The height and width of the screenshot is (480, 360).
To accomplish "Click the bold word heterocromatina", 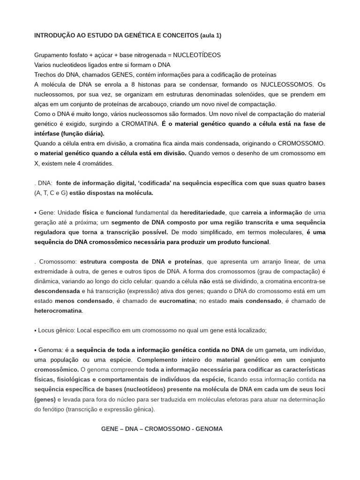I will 58,310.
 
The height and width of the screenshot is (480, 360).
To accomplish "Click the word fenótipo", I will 52,409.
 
